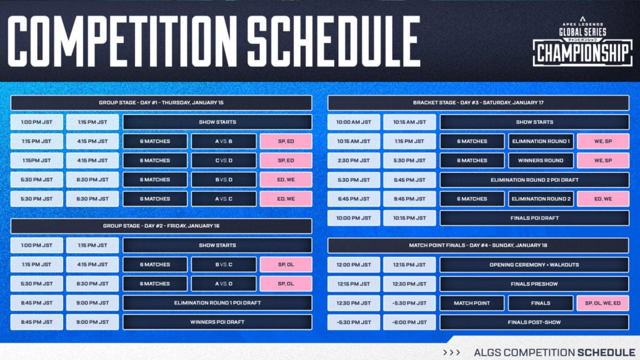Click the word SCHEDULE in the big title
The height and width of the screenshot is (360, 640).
(333, 42)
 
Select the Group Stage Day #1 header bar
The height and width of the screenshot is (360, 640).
(161, 103)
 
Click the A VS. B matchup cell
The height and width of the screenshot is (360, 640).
(224, 141)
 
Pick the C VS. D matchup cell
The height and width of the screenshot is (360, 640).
(224, 161)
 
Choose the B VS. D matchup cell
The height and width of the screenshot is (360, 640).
(224, 180)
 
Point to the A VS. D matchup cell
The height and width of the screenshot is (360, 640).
(224, 284)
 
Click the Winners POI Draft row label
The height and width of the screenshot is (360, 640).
(217, 322)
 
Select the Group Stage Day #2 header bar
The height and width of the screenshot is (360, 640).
(161, 226)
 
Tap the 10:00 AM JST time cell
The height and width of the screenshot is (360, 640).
(354, 122)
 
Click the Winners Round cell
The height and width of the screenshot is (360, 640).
(541, 161)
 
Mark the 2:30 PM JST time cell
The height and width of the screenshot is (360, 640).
(354, 161)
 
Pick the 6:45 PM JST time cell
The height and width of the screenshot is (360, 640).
(354, 199)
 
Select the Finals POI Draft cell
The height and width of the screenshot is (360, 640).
(534, 218)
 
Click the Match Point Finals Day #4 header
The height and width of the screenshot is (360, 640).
(478, 246)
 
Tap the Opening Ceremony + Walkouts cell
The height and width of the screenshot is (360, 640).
(534, 265)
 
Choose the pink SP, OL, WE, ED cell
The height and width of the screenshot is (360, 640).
(602, 304)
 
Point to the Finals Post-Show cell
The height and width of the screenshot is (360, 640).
(534, 322)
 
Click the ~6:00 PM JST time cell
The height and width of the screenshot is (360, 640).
(409, 322)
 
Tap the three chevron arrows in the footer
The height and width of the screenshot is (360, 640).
(451, 352)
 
